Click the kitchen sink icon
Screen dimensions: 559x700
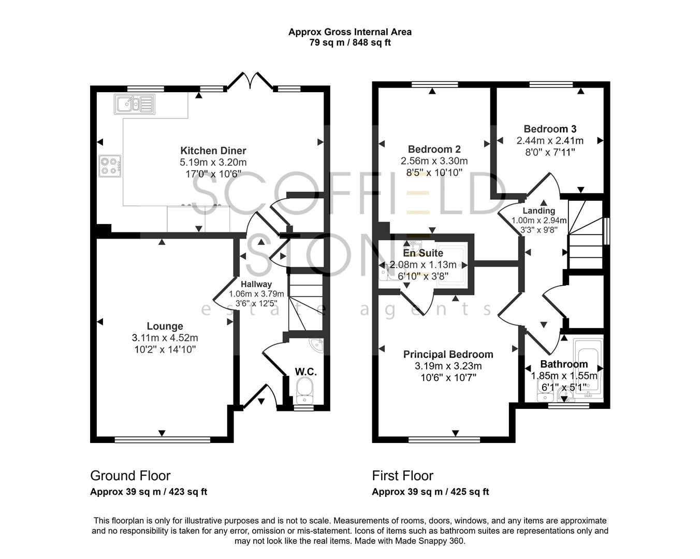pyautogui.click(x=135, y=104)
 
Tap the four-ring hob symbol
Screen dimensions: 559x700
pyautogui.click(x=110, y=166)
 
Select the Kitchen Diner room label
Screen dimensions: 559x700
pyautogui.click(x=213, y=151)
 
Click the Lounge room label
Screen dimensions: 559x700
pyautogui.click(x=165, y=326)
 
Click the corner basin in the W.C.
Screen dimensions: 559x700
pyautogui.click(x=316, y=344)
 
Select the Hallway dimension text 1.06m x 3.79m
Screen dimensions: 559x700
pyautogui.click(x=256, y=294)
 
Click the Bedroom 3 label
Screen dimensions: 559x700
pyautogui.click(x=550, y=129)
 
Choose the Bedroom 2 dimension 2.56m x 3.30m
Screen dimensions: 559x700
pyautogui.click(x=434, y=161)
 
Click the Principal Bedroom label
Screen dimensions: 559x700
pyautogui.click(x=448, y=354)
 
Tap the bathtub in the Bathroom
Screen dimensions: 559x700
pyautogui.click(x=589, y=365)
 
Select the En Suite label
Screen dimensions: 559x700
pyautogui.click(x=423, y=253)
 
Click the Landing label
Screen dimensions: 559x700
pyautogui.click(x=538, y=211)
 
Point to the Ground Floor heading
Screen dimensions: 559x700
pyautogui.click(x=130, y=475)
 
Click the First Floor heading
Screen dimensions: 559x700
pyautogui.click(x=402, y=475)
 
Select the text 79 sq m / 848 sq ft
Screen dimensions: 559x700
pyautogui.click(x=350, y=42)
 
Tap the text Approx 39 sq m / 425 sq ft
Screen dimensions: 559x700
pyautogui.click(x=430, y=492)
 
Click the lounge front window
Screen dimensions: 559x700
pyautogui.click(x=162, y=440)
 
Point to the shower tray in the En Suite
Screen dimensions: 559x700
pyautogui.click(x=451, y=264)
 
